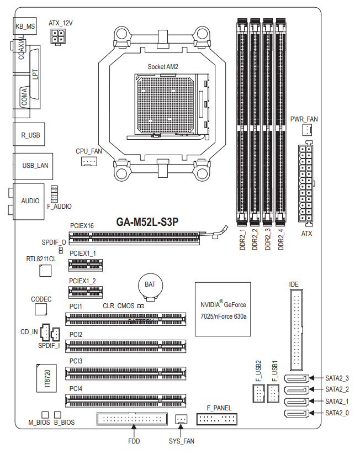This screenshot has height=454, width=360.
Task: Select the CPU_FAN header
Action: pyautogui.click(x=89, y=161)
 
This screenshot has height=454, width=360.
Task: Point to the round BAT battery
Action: pyautogui.click(x=150, y=285)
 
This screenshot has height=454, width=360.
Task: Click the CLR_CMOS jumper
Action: pyautogui.click(x=141, y=305)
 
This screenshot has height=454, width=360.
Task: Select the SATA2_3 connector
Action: pyautogui.click(x=297, y=378)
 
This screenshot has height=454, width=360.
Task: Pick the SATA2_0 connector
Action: pyautogui.click(x=297, y=413)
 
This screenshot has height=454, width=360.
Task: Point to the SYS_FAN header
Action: pyautogui.click(x=181, y=420)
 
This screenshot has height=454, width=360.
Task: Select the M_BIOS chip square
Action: pyautogui.click(x=45, y=414)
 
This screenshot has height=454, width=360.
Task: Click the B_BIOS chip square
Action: pyautogui.click(x=57, y=414)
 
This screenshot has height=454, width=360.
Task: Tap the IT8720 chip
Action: pyautogui.click(x=47, y=378)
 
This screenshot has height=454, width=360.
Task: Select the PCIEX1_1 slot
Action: pyautogui.click(x=86, y=265)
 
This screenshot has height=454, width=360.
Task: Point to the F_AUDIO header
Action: pyautogui.click(x=55, y=194)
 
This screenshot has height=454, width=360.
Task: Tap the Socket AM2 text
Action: pyautogui.click(x=163, y=66)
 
